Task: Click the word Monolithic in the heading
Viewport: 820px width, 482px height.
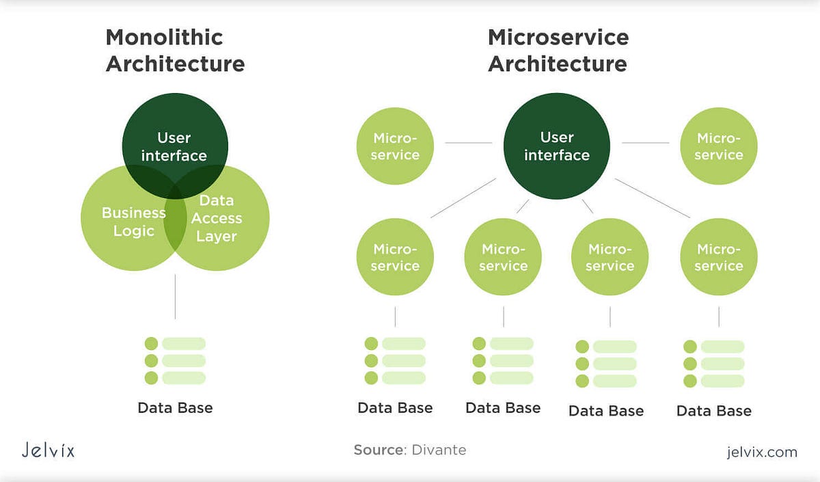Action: [x=164, y=37]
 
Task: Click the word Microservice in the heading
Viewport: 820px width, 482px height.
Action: [x=558, y=37]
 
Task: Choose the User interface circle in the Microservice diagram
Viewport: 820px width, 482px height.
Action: [x=557, y=146]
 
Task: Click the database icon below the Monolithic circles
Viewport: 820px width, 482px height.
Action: [x=175, y=360]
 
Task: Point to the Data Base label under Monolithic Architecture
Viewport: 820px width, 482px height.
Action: [x=175, y=408]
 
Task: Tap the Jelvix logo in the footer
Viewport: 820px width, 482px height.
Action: [x=47, y=451]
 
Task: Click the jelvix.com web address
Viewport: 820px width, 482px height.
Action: [x=762, y=451]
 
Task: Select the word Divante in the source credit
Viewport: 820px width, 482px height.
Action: [x=439, y=450]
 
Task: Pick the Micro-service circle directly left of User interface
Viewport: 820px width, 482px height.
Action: [x=395, y=146]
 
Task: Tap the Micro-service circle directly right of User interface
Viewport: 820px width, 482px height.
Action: [x=719, y=146]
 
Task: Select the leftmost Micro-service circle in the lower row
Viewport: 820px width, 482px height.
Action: [x=395, y=257]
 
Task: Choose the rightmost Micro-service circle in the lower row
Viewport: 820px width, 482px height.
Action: [x=719, y=257]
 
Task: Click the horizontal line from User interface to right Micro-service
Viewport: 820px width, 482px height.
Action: [x=646, y=143]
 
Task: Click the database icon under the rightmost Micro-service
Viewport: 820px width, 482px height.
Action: [x=714, y=364]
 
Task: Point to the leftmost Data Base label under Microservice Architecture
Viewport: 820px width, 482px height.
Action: [x=395, y=408]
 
